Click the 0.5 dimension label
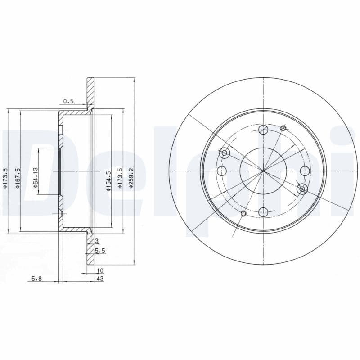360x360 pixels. click(x=68, y=102)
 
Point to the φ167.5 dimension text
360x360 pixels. click(x=17, y=178)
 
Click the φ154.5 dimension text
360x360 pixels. click(x=108, y=180)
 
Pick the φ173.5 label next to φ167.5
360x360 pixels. click(x=5, y=178)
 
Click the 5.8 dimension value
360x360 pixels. click(x=37, y=279)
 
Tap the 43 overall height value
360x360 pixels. click(x=100, y=279)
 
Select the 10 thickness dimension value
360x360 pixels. click(x=100, y=270)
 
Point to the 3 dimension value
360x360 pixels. click(x=96, y=242)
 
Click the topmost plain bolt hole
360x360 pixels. click(x=264, y=130)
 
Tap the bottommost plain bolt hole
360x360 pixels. click(x=264, y=212)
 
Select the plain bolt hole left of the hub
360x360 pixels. click(x=222, y=171)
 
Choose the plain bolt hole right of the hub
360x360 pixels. click(x=305, y=171)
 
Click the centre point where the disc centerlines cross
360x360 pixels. click(x=264, y=171)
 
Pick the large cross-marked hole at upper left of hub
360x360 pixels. click(x=225, y=153)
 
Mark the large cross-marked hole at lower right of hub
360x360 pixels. click(x=302, y=189)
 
